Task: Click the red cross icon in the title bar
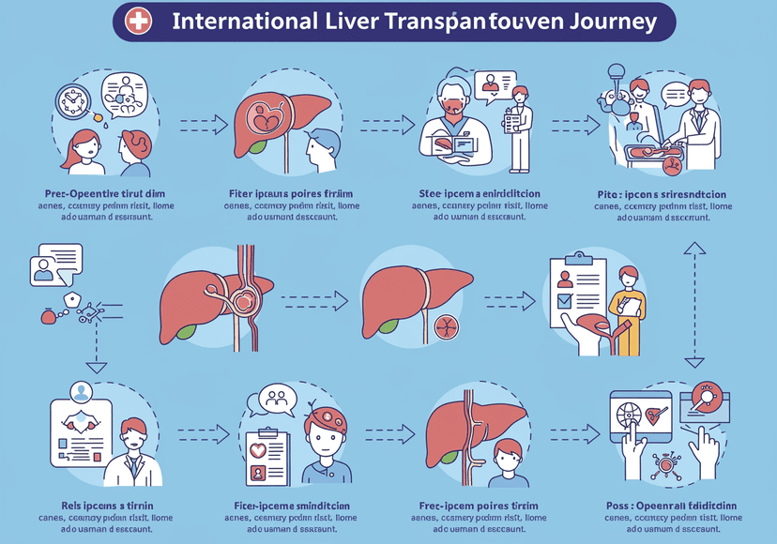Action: click(x=139, y=22)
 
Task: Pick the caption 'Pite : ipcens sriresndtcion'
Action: click(x=674, y=192)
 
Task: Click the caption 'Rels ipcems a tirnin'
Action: click(x=91, y=506)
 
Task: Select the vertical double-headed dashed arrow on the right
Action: click(x=693, y=302)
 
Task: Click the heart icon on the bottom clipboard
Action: click(x=260, y=449)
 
